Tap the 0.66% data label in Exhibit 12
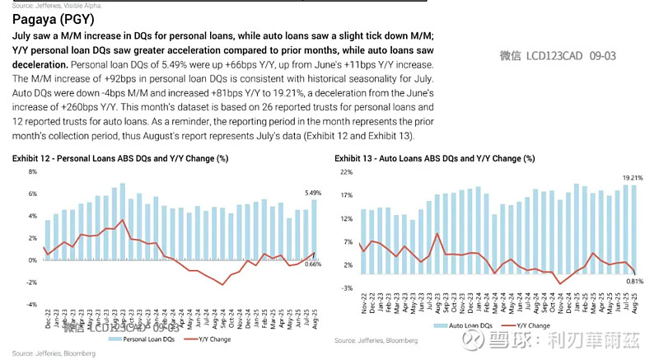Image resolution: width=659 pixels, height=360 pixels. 313,264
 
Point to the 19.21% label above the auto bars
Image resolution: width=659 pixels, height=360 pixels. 631,178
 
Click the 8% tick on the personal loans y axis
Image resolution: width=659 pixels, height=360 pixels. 33,171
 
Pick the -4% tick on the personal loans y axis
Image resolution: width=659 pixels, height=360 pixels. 32,304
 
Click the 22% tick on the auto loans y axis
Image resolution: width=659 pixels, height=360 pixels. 347,171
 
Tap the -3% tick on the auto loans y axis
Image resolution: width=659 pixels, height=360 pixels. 348,288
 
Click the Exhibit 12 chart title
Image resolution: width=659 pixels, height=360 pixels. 121,157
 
